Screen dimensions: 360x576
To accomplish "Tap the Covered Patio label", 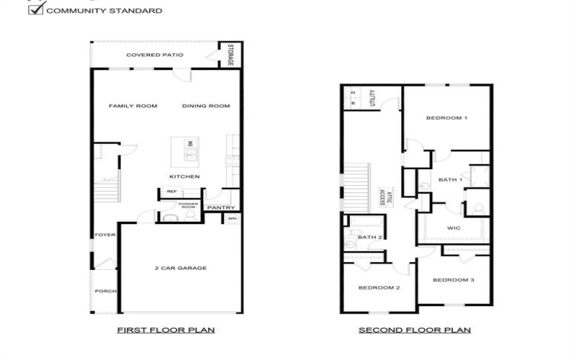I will [155, 55].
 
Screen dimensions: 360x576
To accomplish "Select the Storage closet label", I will [231, 55].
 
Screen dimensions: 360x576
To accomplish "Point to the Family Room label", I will [132, 107].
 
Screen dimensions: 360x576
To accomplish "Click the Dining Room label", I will [206, 107].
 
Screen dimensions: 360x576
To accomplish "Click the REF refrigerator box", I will [171, 192].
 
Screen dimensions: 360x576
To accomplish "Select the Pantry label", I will [217, 208].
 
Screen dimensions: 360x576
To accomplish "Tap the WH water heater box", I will [232, 218].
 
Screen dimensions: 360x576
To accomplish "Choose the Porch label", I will [104, 292].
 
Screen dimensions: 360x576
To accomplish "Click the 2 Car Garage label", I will [180, 268].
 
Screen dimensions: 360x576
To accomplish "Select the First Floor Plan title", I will [166, 330].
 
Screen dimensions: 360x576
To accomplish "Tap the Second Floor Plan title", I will [415, 330].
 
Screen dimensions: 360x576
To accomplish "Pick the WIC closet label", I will [454, 228].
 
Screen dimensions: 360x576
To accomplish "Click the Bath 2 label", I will [369, 237].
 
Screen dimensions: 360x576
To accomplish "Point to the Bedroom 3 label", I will [454, 280].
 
